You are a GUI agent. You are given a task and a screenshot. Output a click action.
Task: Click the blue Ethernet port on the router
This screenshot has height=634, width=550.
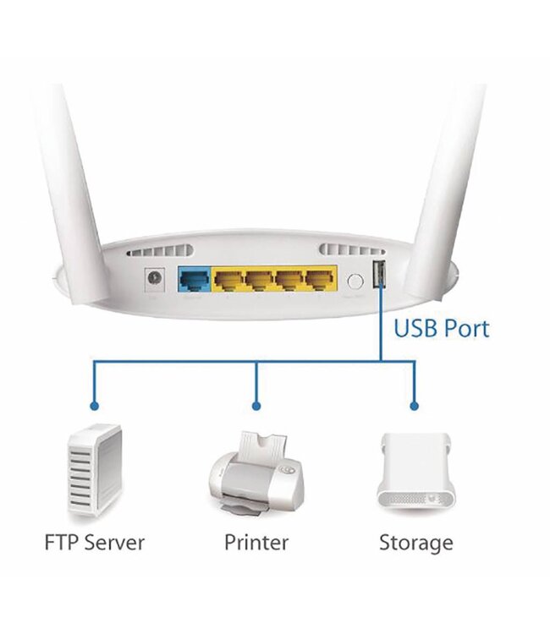tap(194, 279)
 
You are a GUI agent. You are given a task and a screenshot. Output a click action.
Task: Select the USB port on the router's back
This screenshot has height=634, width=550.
tap(378, 275)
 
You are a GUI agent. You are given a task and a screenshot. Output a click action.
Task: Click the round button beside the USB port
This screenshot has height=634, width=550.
tap(355, 280)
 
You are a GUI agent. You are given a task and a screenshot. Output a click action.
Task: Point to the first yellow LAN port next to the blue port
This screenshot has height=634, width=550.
tap(228, 279)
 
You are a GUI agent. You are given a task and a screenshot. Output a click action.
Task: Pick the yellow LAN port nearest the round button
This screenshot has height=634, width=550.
tap(319, 279)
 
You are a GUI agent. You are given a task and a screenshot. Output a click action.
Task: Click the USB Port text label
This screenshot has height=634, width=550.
tap(441, 327)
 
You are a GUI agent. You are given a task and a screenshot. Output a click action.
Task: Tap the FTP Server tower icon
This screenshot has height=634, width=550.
tap(95, 472)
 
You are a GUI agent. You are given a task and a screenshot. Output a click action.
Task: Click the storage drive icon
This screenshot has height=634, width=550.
tap(414, 473)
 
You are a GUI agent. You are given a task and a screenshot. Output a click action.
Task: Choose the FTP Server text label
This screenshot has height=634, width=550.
tap(95, 542)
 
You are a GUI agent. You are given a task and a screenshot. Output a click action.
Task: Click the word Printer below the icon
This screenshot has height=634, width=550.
tap(256, 542)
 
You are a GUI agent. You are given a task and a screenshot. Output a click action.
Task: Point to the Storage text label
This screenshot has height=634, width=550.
tap(415, 542)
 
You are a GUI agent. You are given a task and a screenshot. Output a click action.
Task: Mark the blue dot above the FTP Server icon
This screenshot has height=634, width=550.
tap(95, 405)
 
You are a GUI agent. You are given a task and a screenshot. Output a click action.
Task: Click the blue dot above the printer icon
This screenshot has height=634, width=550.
tap(256, 405)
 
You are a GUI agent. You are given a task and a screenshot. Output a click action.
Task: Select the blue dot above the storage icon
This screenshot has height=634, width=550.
tap(415, 405)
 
